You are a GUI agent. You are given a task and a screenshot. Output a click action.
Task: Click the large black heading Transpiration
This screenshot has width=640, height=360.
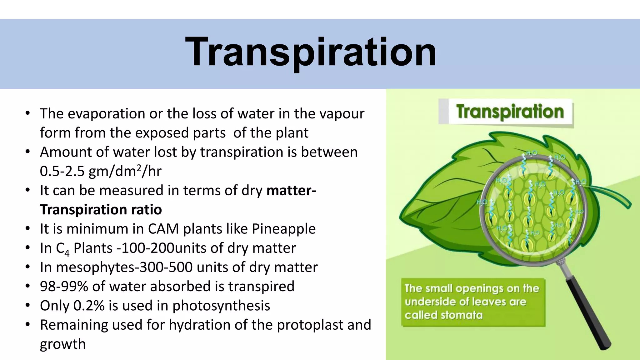pyautogui.click(x=311, y=52)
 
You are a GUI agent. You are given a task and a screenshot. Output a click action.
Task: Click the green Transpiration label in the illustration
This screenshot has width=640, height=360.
pyautogui.click(x=510, y=112)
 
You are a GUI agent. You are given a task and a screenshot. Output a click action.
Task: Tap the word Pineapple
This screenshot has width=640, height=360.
pyautogui.click(x=284, y=229)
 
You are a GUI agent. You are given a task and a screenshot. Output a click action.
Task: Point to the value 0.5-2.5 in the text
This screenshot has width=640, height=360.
pyautogui.click(x=62, y=171)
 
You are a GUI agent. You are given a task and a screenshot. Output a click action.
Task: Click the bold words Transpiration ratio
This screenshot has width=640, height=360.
pyautogui.click(x=101, y=210)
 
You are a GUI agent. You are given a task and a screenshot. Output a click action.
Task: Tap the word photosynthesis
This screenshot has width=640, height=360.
pyautogui.click(x=221, y=306)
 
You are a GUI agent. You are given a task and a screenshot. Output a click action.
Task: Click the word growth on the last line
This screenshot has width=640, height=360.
pyautogui.click(x=62, y=344)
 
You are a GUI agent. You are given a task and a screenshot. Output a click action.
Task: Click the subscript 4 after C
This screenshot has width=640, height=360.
pyautogui.click(x=67, y=252)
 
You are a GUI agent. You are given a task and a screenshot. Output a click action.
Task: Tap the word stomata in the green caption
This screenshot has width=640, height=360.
pyautogui.click(x=461, y=315)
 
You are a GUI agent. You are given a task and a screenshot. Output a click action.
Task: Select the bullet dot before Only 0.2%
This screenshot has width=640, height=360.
pyautogui.click(x=28, y=305)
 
